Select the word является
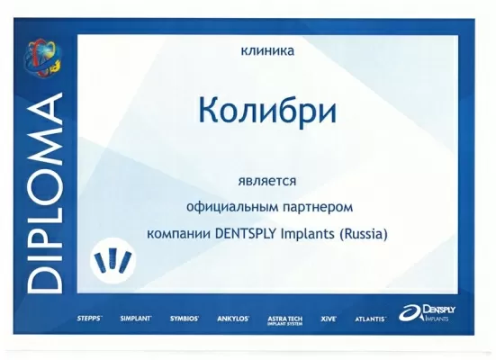pos(266,181)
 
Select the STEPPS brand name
pos(90,319)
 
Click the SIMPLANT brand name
pos(136,319)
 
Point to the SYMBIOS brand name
pos(185,319)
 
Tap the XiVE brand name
pos(330,319)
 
